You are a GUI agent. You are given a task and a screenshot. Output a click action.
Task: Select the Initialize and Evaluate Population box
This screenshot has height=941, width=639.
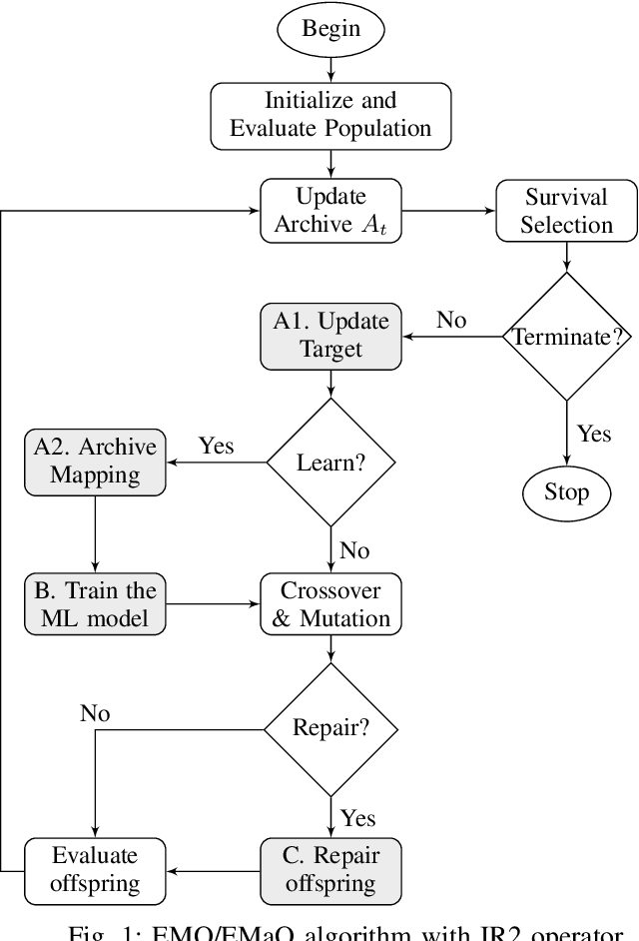(330, 114)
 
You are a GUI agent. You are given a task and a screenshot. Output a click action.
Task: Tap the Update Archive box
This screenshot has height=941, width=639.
(330, 210)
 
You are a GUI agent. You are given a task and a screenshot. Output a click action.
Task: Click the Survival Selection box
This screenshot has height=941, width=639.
(566, 210)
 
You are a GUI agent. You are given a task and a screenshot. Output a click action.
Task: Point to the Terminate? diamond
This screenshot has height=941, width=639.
(566, 337)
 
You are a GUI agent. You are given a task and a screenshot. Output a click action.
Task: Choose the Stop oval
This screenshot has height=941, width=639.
(566, 491)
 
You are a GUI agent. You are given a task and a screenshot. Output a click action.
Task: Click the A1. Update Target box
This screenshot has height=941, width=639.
(330, 336)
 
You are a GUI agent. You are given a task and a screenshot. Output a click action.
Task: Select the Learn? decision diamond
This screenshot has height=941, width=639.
(330, 463)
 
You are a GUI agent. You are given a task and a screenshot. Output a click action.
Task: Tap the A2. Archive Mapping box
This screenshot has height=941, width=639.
(95, 462)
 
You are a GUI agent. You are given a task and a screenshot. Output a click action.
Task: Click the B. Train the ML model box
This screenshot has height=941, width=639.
(95, 602)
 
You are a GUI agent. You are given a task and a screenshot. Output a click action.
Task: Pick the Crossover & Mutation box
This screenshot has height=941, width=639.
(330, 603)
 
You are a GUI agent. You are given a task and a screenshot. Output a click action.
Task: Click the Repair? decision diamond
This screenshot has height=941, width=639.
(330, 728)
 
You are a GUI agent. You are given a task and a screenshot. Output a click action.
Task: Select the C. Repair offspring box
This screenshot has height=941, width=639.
(330, 869)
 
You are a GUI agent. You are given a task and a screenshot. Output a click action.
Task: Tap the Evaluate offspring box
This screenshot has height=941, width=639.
(95, 869)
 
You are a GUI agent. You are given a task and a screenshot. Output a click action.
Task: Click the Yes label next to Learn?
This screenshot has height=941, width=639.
(216, 445)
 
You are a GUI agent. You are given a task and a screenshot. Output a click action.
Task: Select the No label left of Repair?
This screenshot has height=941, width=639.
(95, 713)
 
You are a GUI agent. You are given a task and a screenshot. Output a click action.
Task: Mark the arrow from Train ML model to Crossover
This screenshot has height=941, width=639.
(213, 603)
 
